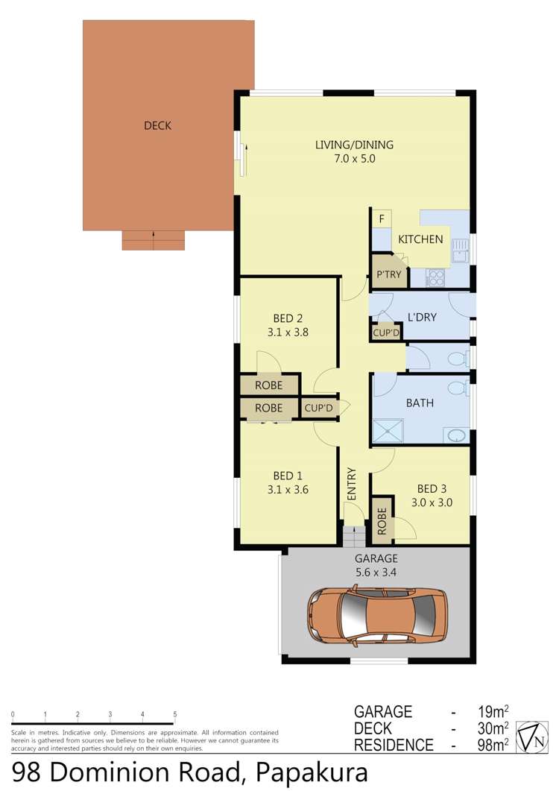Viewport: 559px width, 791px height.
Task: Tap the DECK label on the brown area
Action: click(x=157, y=126)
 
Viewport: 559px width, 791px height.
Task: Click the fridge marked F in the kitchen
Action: click(x=382, y=219)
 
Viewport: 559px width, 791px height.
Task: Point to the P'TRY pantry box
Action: click(x=388, y=274)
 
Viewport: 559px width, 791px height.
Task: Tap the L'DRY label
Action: click(x=421, y=317)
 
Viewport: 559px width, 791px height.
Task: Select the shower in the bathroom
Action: click(x=388, y=432)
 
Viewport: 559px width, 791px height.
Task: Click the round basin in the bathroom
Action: click(x=456, y=435)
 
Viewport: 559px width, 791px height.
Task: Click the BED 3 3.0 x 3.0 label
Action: click(x=432, y=496)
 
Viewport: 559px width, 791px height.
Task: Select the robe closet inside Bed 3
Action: click(x=382, y=521)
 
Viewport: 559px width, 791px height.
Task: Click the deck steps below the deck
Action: click(x=153, y=240)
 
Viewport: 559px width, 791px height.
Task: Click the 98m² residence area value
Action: click(x=491, y=744)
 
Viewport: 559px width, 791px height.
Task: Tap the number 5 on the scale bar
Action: click(x=175, y=715)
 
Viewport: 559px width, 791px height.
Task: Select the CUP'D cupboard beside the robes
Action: click(x=318, y=408)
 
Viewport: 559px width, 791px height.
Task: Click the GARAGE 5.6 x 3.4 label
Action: click(x=376, y=564)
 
